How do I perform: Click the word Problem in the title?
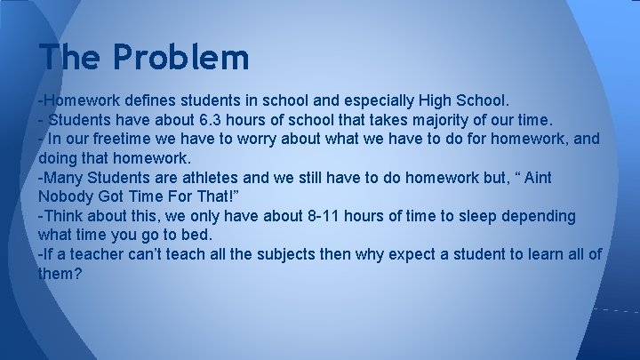[181, 58]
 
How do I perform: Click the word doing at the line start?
[60, 158]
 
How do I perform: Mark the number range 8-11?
[312, 217]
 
